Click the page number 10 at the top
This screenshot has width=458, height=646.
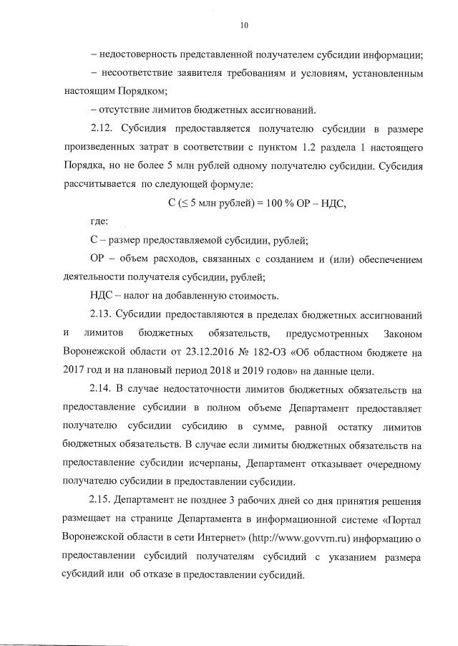click(244, 25)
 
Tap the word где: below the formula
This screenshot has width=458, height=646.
click(98, 221)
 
